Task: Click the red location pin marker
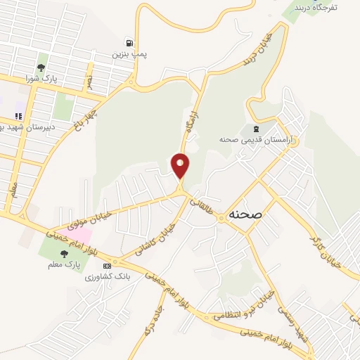pos(181,165)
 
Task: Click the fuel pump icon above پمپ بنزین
pos(128,42)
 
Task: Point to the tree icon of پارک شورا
pos(41,67)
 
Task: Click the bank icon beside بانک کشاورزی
pos(107,266)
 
